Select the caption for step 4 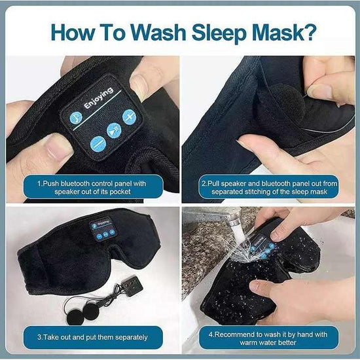tap(270, 337)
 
